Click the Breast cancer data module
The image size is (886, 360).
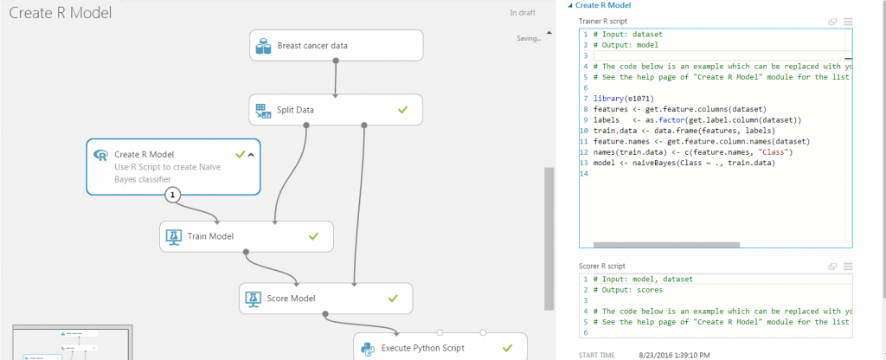coord(336,45)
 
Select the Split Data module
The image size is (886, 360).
coord(336,110)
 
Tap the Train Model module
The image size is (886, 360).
coord(246,235)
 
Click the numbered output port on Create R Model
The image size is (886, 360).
coord(173,195)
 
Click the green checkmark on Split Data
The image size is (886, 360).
coord(402,110)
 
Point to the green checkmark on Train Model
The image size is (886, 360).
coord(314,235)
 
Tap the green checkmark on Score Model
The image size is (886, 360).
coord(393,299)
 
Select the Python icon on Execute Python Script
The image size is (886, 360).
coord(368,348)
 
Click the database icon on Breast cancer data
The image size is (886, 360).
coord(264,45)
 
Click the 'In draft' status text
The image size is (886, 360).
coord(523,13)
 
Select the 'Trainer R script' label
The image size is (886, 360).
coord(604,21)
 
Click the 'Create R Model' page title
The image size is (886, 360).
coord(61,13)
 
